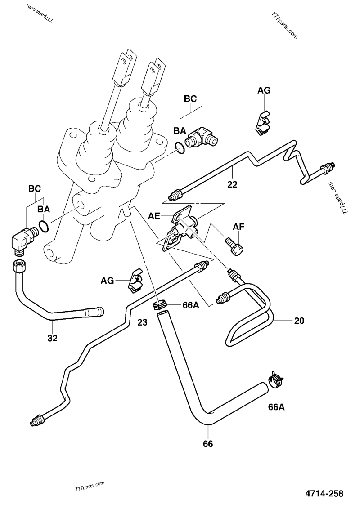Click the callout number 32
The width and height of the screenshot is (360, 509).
point(53,339)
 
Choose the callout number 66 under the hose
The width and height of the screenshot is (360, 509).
point(208,444)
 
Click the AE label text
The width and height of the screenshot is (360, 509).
point(154,216)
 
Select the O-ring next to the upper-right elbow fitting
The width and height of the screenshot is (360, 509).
point(180,147)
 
